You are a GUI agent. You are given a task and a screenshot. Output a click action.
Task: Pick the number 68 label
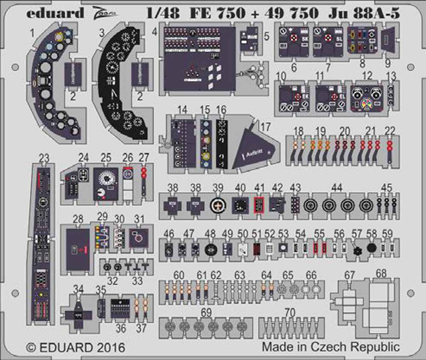click(381, 274)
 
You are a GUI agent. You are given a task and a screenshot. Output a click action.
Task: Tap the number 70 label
click(290, 313)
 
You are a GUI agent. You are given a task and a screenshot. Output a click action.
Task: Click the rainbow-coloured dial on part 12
click(366, 104)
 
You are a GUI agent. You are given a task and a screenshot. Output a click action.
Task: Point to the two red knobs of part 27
click(144, 173)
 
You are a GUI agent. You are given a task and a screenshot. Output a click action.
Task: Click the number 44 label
click(337, 187)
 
